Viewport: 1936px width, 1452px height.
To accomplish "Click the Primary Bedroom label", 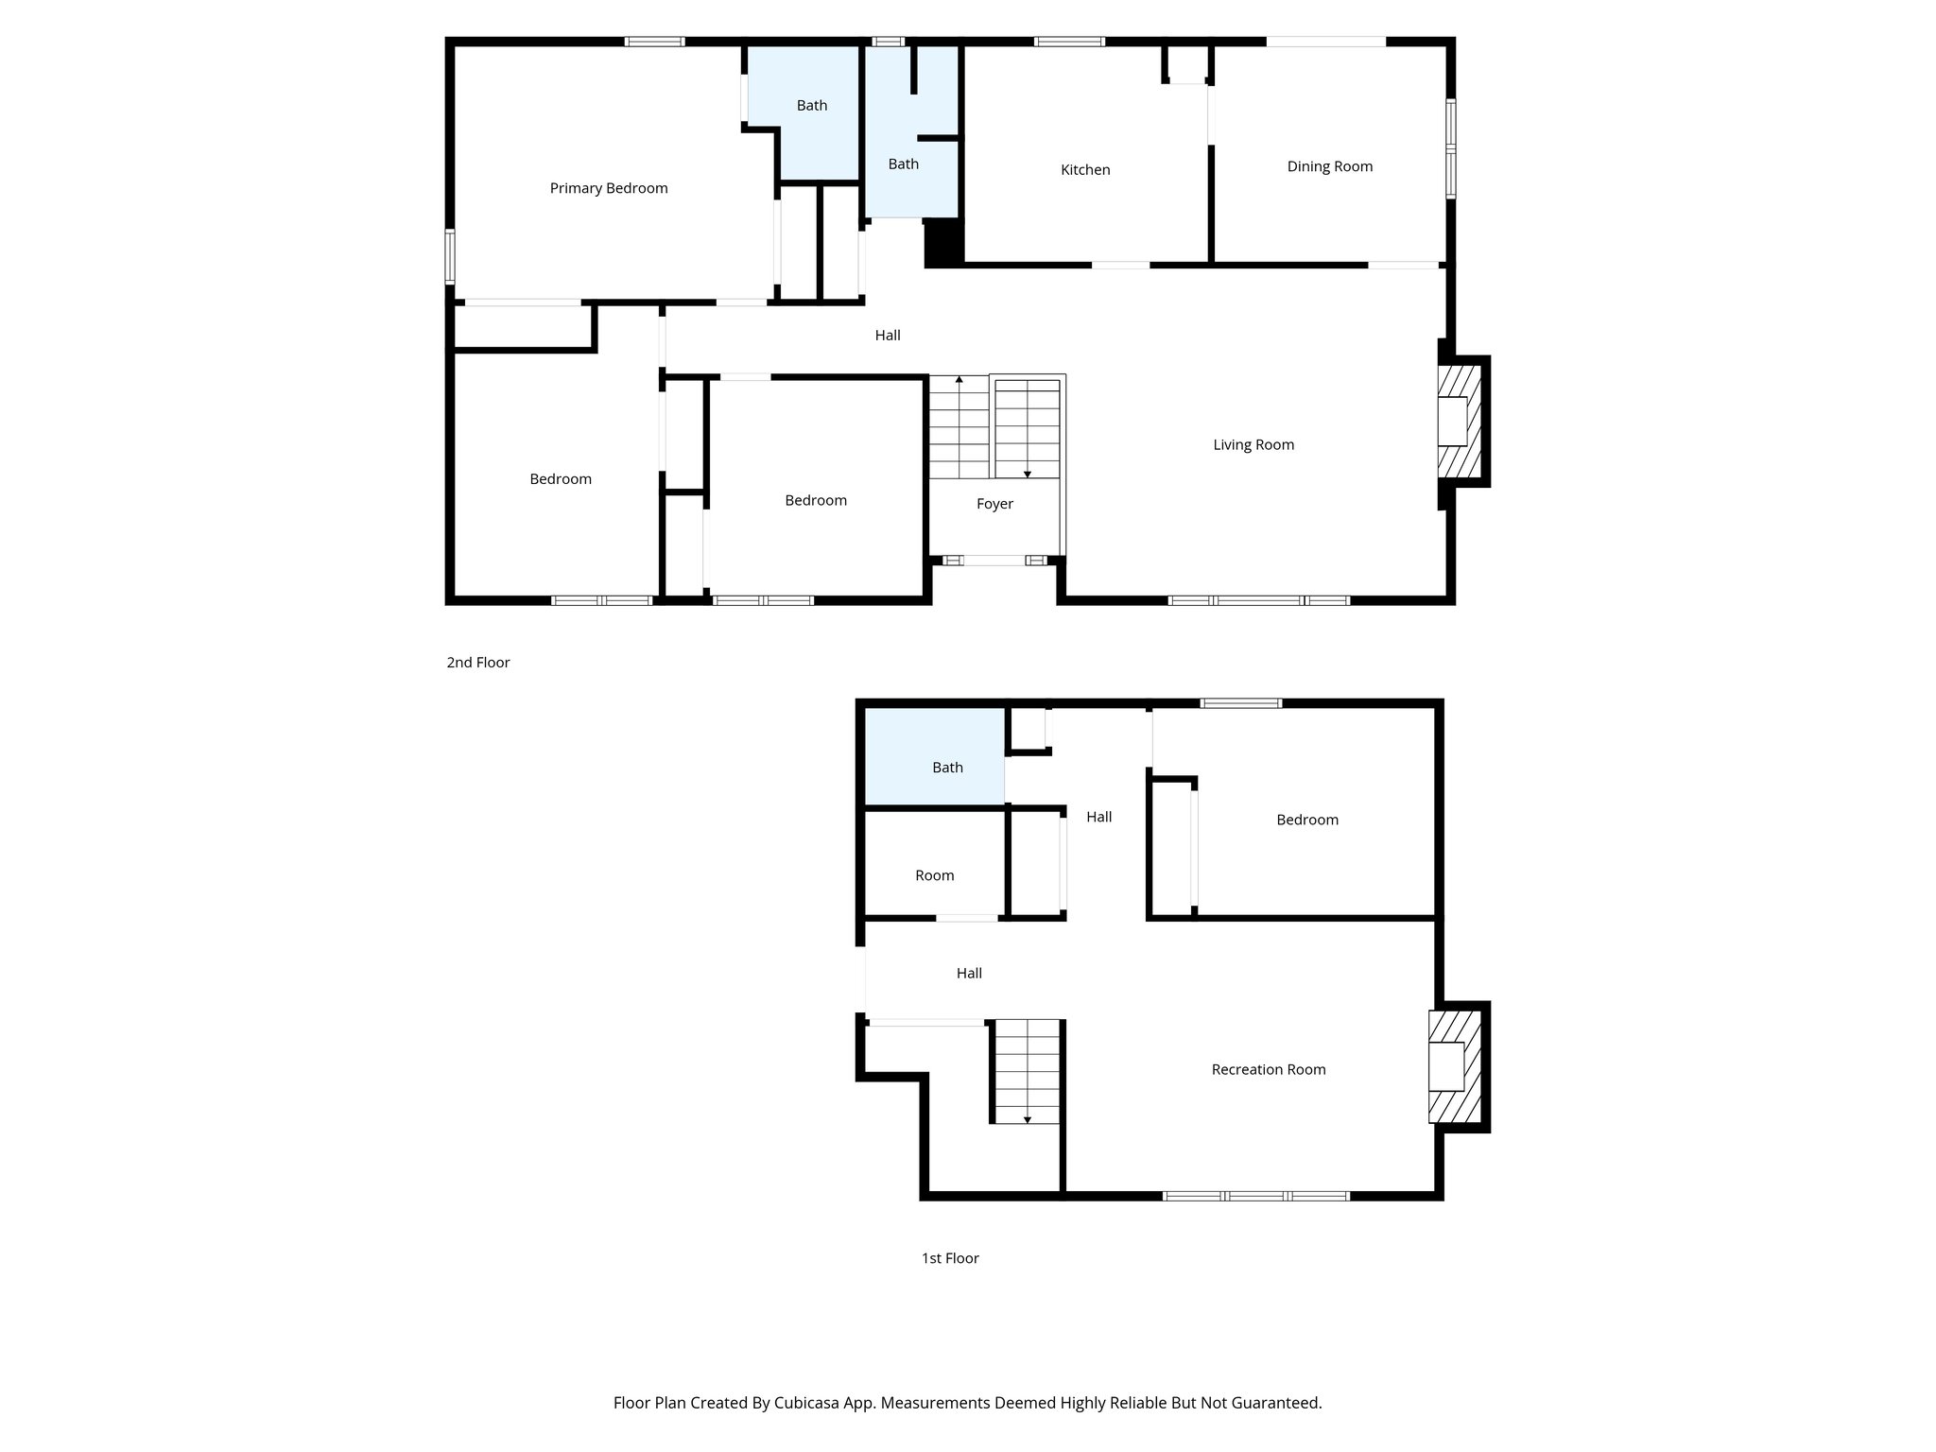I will pyautogui.click(x=609, y=188).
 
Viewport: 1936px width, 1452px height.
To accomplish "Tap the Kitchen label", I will pyautogui.click(x=1085, y=170).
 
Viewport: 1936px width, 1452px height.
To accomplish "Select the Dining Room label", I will pyautogui.click(x=1329, y=166).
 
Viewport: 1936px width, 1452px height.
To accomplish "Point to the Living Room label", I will pyautogui.click(x=1253, y=444).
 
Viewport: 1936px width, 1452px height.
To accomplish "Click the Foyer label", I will pyautogui.click(x=994, y=504).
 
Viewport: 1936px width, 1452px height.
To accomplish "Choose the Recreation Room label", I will pyautogui.click(x=1268, y=1069).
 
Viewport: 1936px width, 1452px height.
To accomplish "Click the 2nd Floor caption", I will pyautogui.click(x=478, y=663).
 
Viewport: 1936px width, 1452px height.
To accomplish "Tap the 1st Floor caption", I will pyautogui.click(x=950, y=1258).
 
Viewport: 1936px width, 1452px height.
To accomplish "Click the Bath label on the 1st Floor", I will pyautogui.click(x=947, y=768).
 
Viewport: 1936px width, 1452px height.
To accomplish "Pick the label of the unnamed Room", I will pyautogui.click(x=934, y=875).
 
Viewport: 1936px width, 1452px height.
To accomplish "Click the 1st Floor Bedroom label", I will pyautogui.click(x=1306, y=820).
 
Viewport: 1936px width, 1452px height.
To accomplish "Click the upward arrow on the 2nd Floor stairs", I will pyautogui.click(x=959, y=380).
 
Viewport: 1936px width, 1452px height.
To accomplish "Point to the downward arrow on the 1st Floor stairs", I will pyautogui.click(x=1027, y=1119).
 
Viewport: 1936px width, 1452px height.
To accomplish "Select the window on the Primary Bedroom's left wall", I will pyautogui.click(x=451, y=256).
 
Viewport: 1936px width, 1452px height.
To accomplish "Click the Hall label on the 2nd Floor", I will pyautogui.click(x=887, y=335).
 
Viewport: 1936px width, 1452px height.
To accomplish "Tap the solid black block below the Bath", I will pyautogui.click(x=942, y=242).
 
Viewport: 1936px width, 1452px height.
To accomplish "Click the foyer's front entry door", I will pyautogui.click(x=994, y=561).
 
